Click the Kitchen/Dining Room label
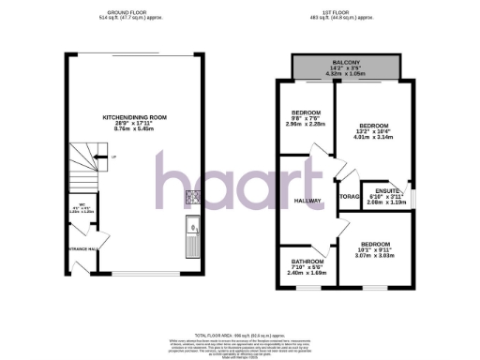tap(134, 117)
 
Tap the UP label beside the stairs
tap(113, 157)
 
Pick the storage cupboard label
tap(347, 198)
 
